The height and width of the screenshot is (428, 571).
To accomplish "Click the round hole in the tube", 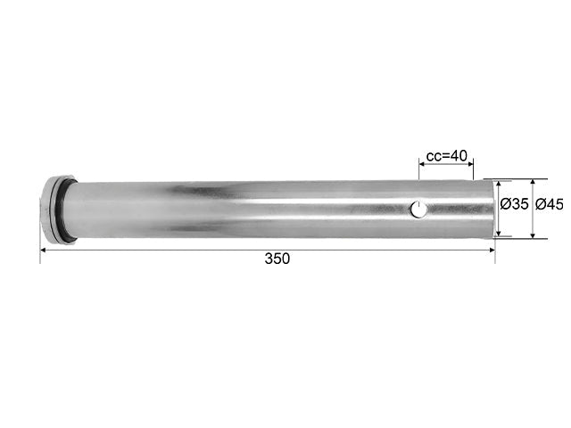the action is click(418, 210).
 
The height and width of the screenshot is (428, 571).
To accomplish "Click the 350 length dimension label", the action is click(277, 259).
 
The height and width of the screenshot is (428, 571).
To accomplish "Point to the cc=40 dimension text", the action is click(446, 156).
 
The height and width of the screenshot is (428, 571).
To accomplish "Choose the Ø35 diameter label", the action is click(514, 204).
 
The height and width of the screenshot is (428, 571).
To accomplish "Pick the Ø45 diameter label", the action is click(550, 204).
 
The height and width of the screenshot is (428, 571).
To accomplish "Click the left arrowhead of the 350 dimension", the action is click(43, 250).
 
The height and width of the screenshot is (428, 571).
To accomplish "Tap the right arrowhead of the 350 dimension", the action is click(492, 250).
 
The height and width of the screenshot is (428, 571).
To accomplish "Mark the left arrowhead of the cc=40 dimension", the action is click(422, 164).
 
